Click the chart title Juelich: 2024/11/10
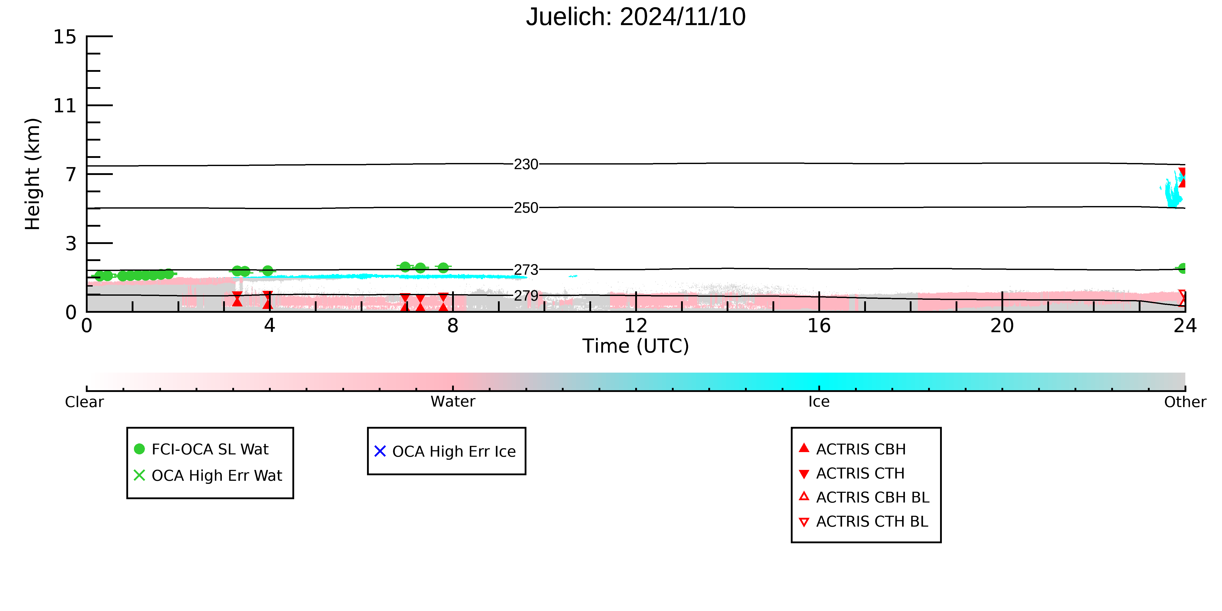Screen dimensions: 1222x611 point(636,17)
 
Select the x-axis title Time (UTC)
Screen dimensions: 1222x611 point(636,346)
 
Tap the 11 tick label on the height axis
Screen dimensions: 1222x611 point(64,105)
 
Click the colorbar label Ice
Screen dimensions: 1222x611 point(819,402)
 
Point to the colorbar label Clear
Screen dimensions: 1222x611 point(85,402)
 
